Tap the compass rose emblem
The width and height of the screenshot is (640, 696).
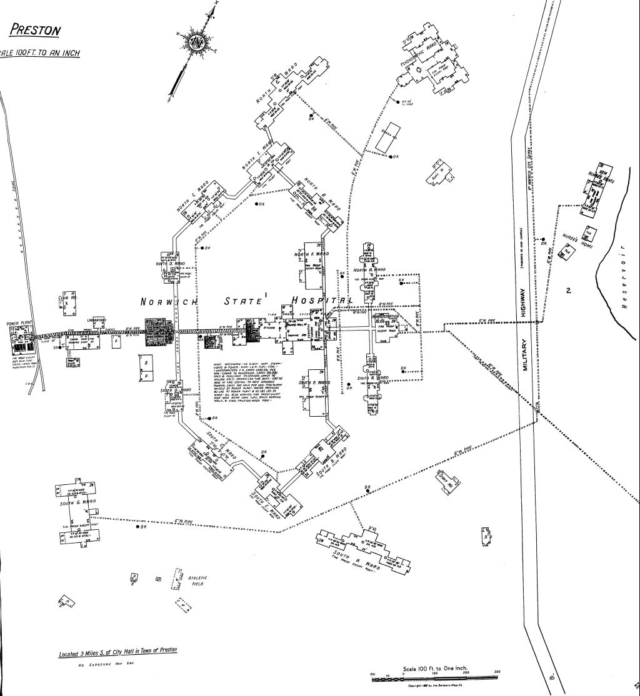pos(197,42)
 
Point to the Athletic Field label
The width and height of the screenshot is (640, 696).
pos(197,581)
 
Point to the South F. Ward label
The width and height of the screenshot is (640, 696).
pos(315,382)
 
